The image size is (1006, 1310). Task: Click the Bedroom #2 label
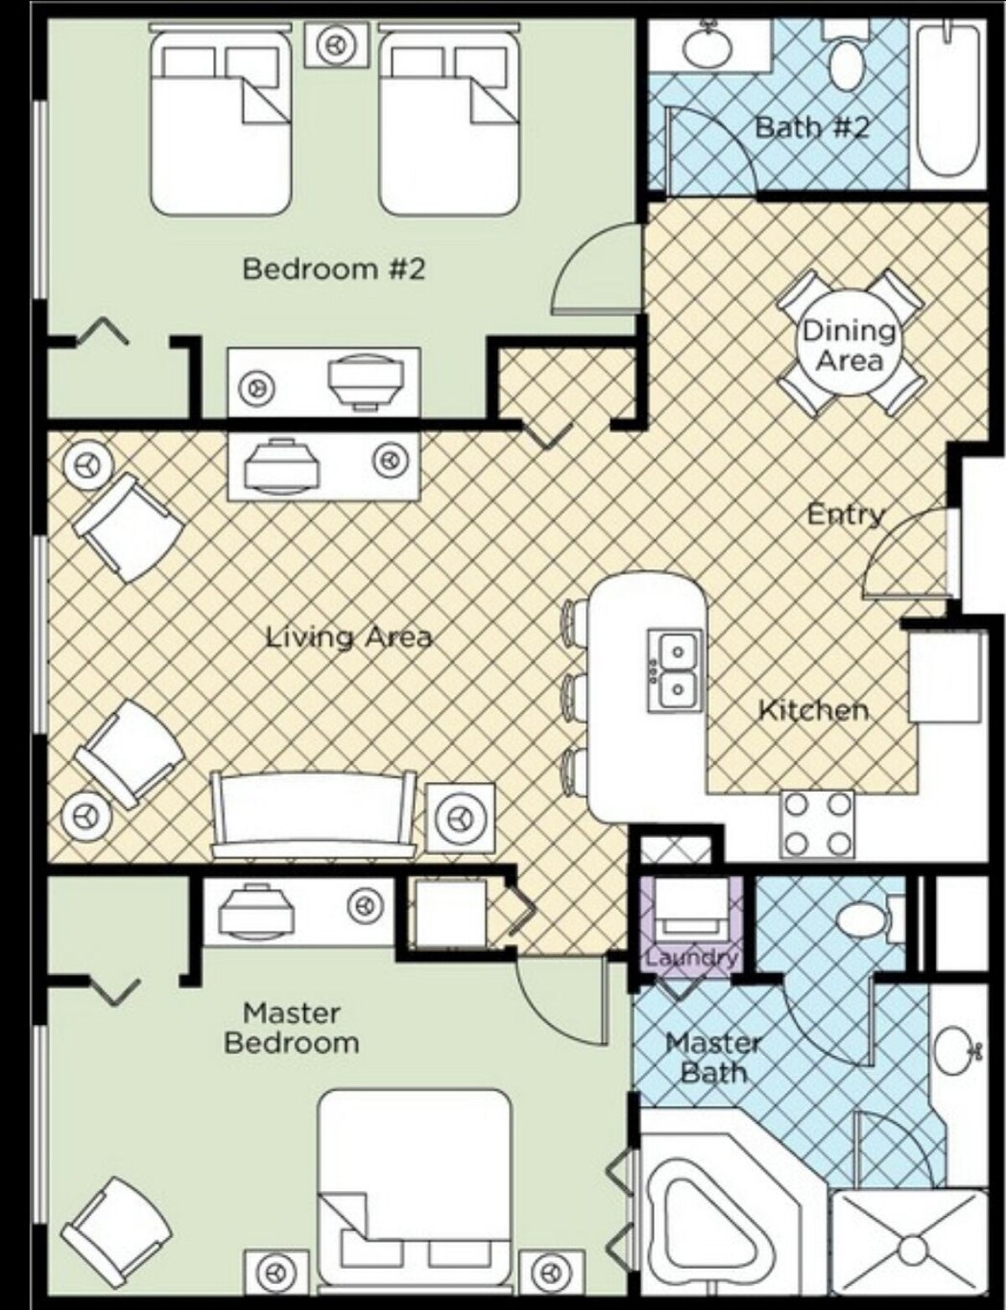(x=334, y=269)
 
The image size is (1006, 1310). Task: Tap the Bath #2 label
(x=812, y=127)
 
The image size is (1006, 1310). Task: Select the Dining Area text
(x=849, y=346)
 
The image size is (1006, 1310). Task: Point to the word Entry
(x=846, y=515)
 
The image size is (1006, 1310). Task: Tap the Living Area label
(x=349, y=637)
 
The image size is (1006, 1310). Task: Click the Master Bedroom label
(x=292, y=1028)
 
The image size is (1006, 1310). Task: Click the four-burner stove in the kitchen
(x=817, y=824)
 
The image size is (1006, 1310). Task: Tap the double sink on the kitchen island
(x=676, y=671)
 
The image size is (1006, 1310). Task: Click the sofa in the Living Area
(x=314, y=814)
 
